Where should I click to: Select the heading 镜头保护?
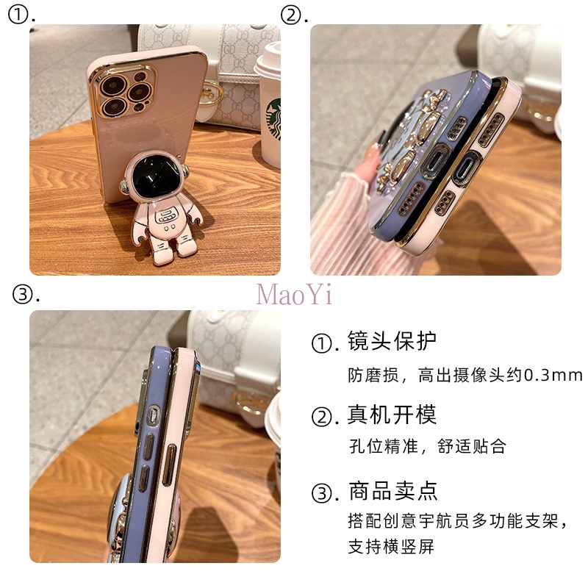point(392,341)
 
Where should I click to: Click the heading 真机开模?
point(392,415)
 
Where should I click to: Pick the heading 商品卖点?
point(392,490)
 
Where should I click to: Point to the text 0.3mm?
point(553,375)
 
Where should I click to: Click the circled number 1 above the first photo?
point(20,15)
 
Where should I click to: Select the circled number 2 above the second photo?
point(293,15)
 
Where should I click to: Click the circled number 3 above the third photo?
point(26,295)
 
